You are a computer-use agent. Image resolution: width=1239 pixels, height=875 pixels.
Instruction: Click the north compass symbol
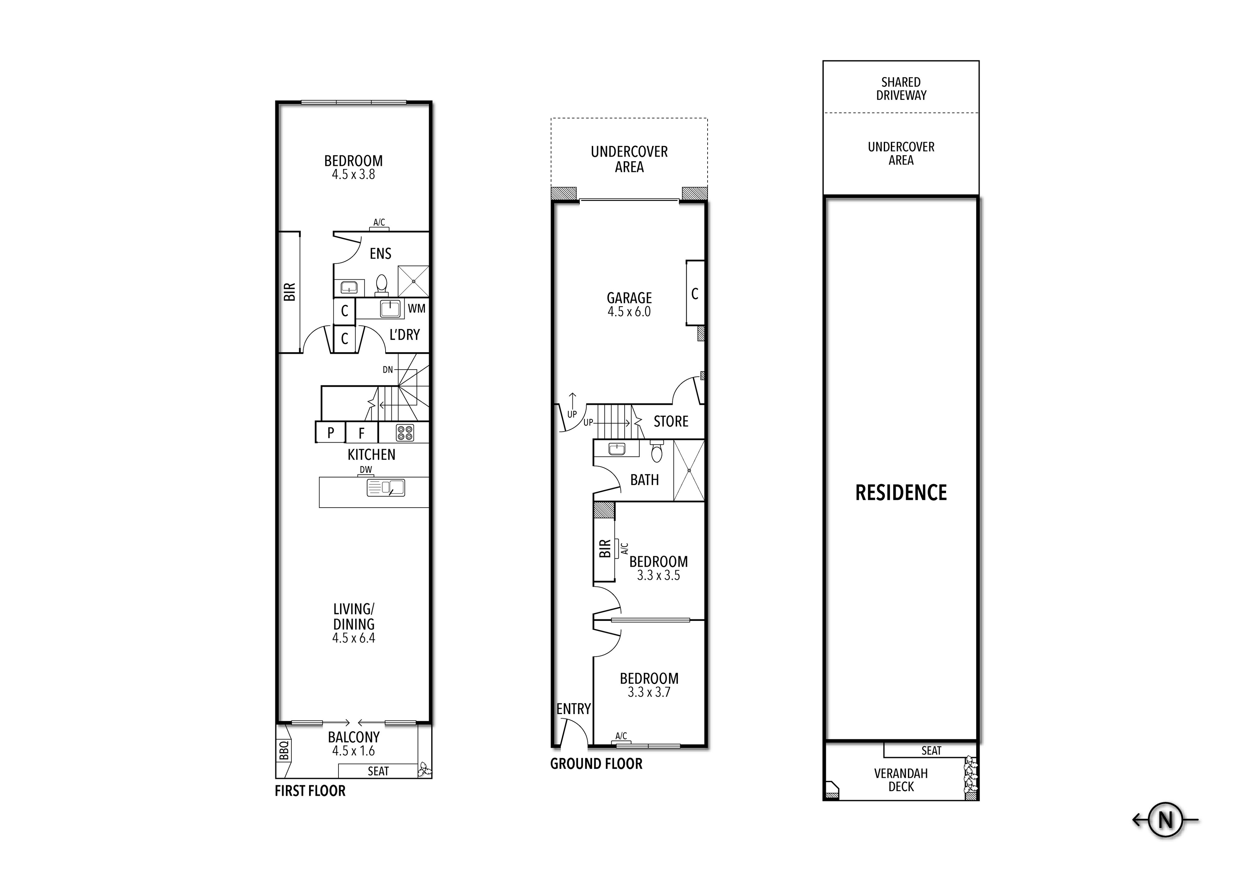(1166, 820)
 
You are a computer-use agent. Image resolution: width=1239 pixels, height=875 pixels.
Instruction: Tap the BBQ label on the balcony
(284, 751)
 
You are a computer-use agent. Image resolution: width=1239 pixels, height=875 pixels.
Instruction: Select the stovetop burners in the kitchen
(405, 433)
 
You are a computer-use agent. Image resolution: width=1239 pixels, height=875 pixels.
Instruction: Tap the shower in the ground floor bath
(689, 471)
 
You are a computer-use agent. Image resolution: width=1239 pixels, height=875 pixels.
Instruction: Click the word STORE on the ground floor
(671, 421)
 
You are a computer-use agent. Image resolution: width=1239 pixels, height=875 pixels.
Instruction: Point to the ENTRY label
(573, 709)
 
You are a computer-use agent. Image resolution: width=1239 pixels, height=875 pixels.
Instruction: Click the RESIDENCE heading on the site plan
(901, 492)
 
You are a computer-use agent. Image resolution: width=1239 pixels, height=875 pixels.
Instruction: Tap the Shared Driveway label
(901, 88)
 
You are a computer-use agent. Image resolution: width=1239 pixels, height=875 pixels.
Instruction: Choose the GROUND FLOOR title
(596, 764)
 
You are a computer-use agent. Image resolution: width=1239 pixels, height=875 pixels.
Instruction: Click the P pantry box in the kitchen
(331, 433)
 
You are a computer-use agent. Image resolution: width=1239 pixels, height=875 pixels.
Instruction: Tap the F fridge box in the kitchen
(362, 433)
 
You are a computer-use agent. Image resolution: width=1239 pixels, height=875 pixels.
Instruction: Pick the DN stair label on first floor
(388, 370)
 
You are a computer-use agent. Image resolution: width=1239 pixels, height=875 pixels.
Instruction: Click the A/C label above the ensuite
(379, 222)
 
